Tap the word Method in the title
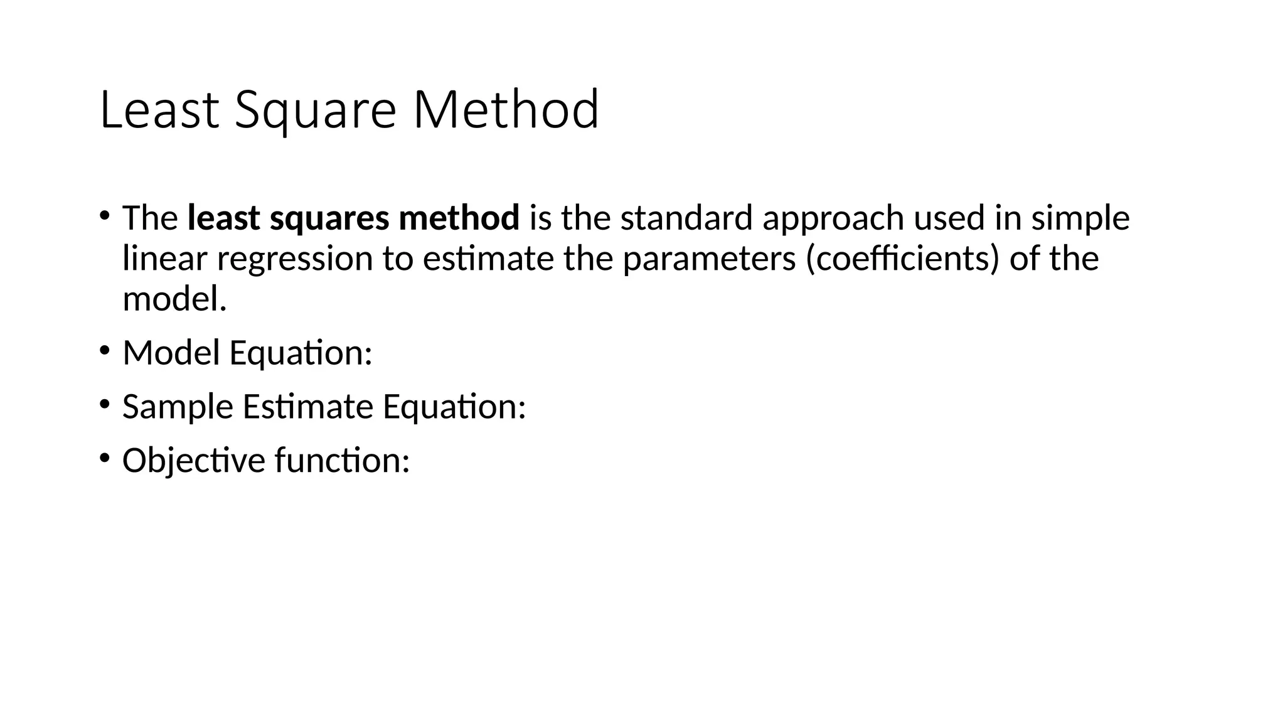(x=506, y=110)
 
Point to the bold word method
(x=459, y=218)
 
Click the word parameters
(x=709, y=260)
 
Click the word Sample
(x=178, y=407)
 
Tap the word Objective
(x=194, y=461)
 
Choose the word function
(x=342, y=460)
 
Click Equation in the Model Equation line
(x=301, y=354)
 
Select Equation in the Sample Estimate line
(x=454, y=407)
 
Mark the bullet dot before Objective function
(x=104, y=458)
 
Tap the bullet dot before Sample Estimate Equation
(x=104, y=404)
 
